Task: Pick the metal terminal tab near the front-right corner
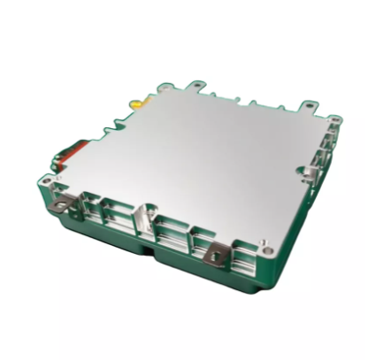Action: pyautogui.click(x=215, y=257)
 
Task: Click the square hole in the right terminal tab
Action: pyautogui.click(x=215, y=258)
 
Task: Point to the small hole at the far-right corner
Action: pyautogui.click(x=334, y=118)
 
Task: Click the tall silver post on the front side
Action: pyautogui.click(x=142, y=218)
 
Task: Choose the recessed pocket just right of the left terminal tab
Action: pyautogui.click(x=88, y=211)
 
